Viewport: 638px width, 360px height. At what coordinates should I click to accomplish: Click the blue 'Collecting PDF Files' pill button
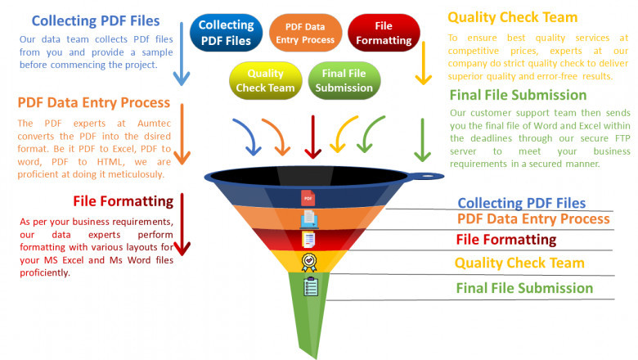point(226,32)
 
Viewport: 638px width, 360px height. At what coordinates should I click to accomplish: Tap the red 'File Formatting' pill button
point(383,33)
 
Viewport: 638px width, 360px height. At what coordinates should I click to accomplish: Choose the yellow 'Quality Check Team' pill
point(265,81)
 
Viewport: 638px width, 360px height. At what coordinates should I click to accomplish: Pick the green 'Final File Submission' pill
point(344,81)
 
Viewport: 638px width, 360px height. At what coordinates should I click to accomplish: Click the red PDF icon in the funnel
point(308,198)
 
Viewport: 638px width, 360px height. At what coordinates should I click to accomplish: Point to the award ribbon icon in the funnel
point(309,262)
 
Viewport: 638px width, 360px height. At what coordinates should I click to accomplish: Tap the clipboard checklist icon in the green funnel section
point(310,287)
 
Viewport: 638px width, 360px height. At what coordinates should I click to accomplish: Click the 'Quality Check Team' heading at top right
point(512,17)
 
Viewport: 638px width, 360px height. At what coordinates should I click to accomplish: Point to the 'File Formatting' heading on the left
point(123,200)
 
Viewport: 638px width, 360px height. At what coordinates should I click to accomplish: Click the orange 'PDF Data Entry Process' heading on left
point(93,103)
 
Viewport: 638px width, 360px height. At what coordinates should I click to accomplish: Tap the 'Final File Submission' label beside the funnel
point(523,288)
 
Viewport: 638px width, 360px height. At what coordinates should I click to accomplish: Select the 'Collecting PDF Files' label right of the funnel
point(521,203)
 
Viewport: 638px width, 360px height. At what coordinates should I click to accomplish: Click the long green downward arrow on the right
point(422,139)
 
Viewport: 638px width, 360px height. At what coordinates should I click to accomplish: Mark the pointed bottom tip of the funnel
point(317,355)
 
